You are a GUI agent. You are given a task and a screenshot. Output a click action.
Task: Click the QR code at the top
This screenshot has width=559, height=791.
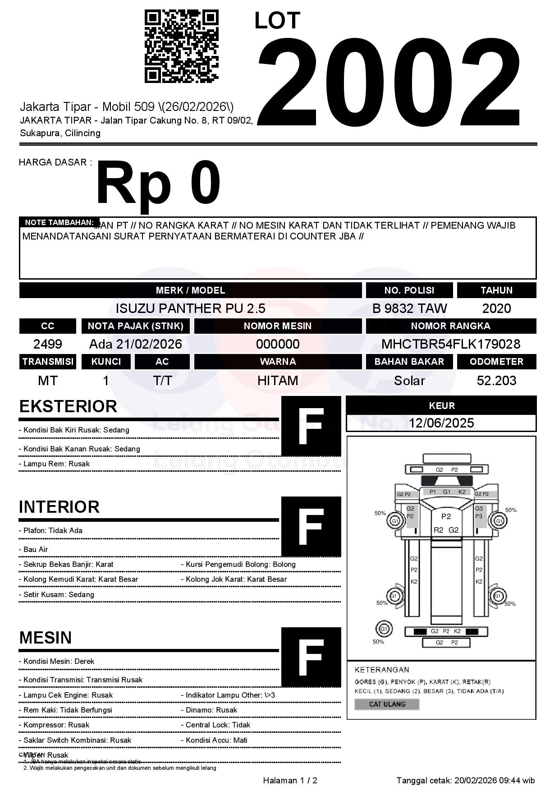coord(181,47)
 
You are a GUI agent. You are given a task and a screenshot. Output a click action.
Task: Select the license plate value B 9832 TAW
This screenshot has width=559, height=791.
coord(409,308)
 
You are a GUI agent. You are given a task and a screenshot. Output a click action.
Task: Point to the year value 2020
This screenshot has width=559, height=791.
coord(496,308)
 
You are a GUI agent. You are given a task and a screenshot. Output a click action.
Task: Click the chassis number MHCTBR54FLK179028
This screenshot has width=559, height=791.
coord(451,344)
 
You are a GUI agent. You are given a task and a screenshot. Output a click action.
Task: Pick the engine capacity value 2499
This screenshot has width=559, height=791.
coord(48,344)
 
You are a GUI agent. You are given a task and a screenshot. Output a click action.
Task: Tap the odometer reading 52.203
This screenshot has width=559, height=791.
coord(496,381)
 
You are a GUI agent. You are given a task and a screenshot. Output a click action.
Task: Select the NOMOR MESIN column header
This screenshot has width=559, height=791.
coord(278,326)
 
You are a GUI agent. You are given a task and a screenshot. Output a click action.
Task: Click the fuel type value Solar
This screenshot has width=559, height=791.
coord(409,381)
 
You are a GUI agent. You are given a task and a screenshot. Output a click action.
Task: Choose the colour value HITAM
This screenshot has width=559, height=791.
coord(278,381)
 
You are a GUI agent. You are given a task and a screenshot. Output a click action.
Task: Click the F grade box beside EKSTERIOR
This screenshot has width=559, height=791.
coord(311,426)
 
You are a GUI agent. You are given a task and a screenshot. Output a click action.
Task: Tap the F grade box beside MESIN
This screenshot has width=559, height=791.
coord(311,657)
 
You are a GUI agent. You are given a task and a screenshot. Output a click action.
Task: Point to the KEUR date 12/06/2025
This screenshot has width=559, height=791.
coord(441,423)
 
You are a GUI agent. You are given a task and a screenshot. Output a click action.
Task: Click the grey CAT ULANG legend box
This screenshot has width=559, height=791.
coord(387,704)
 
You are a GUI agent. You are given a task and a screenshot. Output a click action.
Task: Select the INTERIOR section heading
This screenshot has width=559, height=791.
coord(59,507)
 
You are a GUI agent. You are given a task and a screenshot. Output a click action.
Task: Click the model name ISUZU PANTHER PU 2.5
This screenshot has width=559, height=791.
coord(190,308)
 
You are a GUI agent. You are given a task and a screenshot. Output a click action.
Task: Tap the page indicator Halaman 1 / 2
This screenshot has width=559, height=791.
coord(290,781)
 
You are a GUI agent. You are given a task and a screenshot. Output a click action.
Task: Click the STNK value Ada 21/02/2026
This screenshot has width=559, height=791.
coord(135,344)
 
